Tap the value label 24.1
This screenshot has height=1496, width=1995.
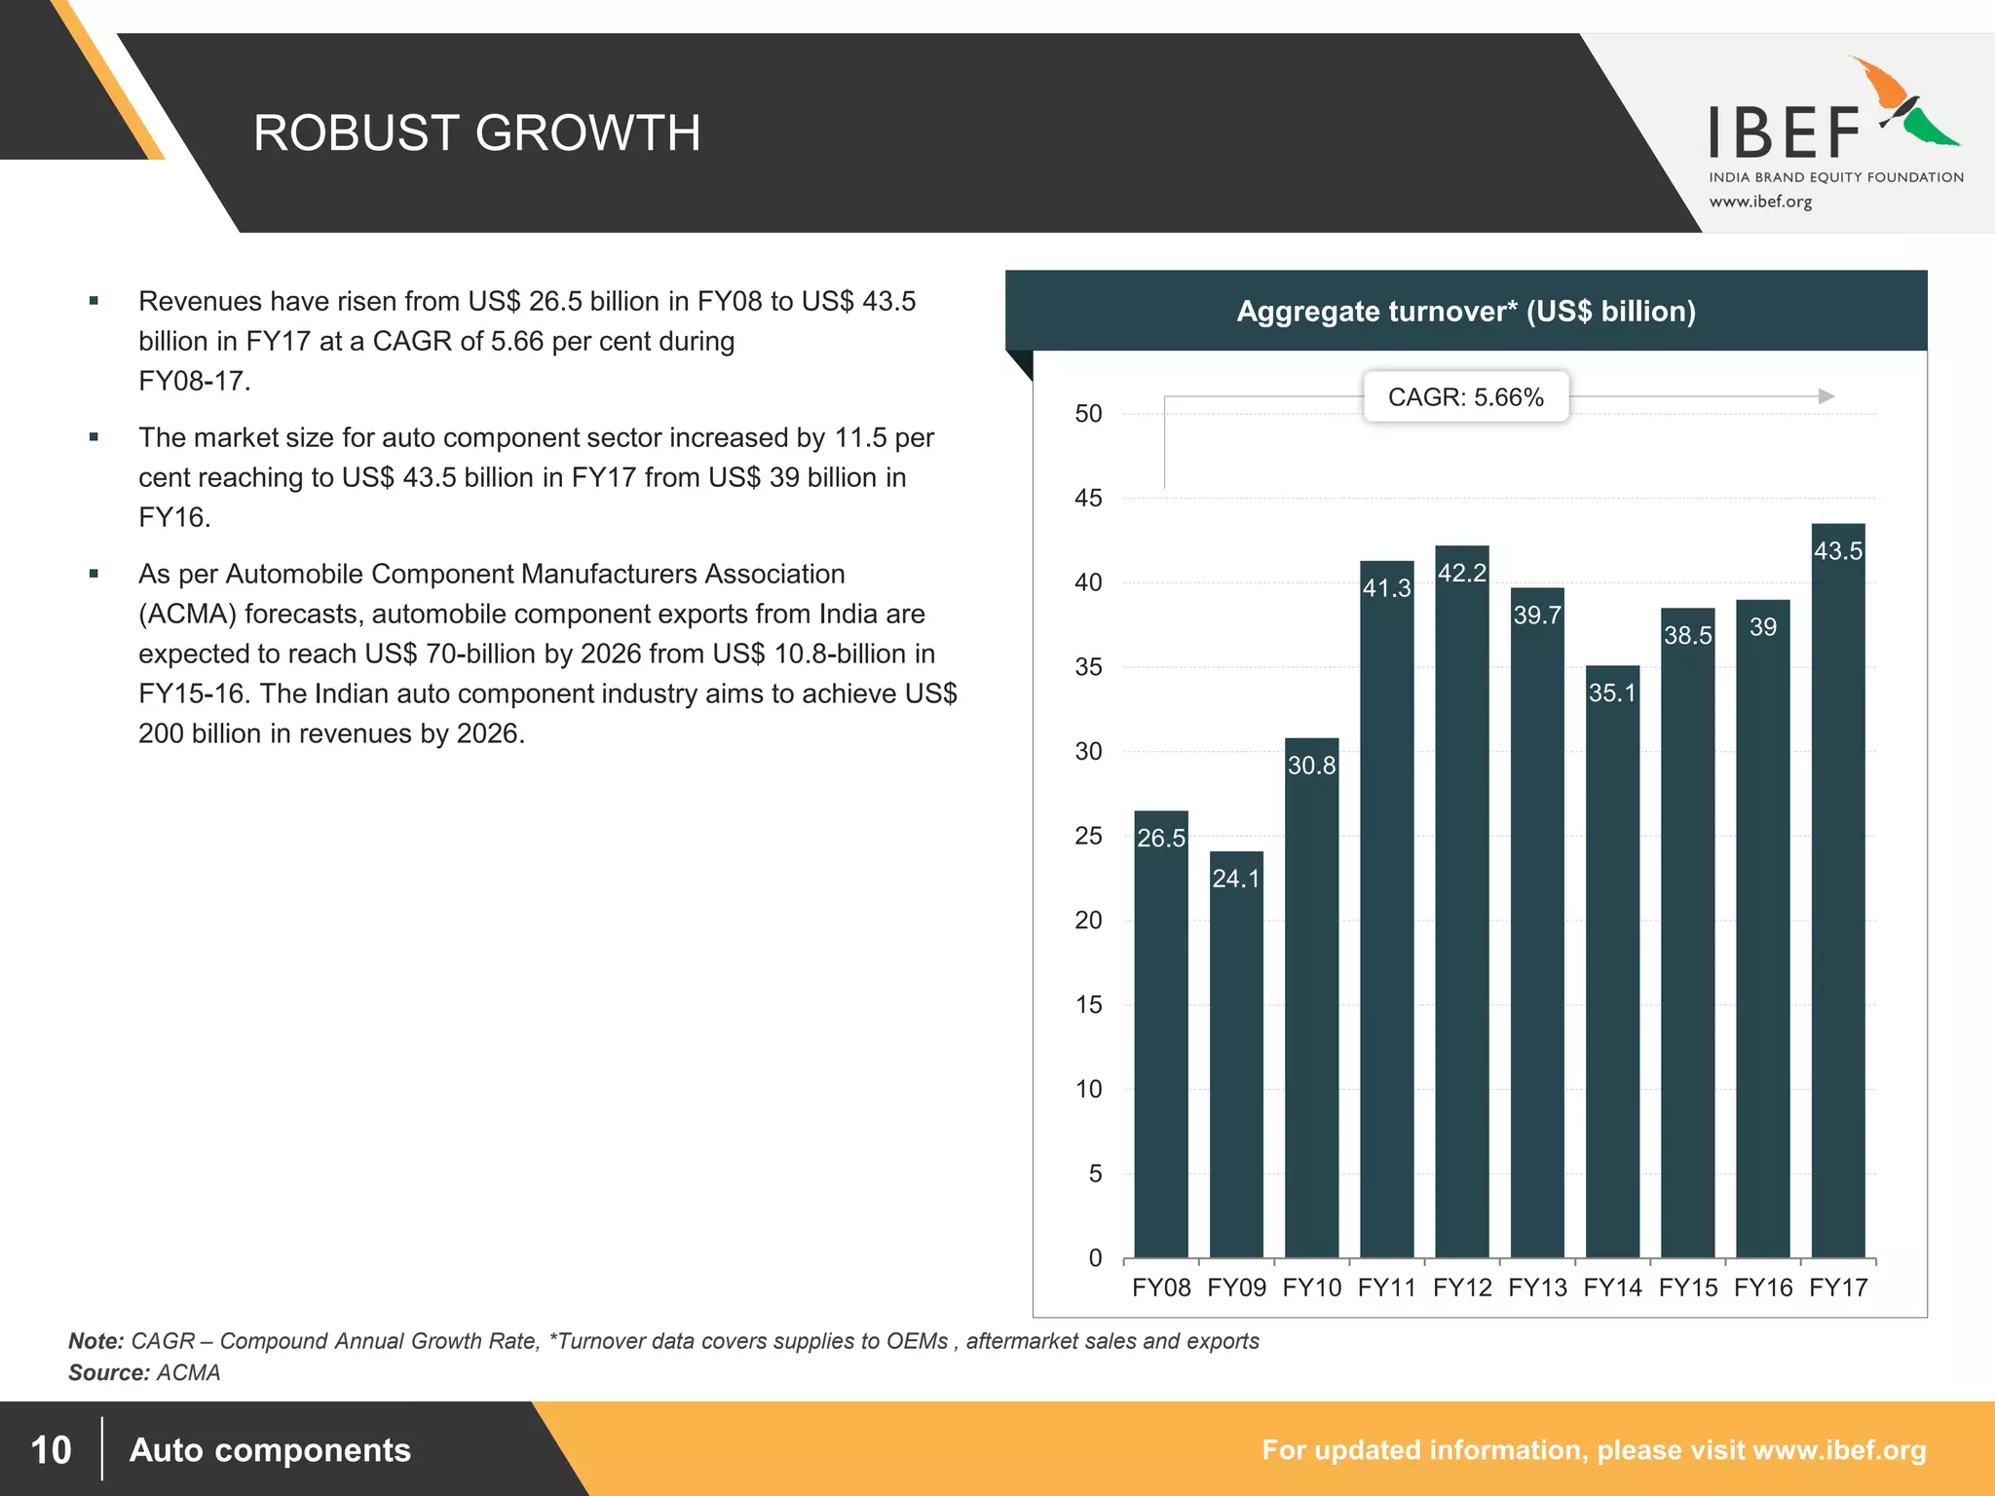[1235, 879]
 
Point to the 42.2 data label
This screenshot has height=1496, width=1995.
[1461, 573]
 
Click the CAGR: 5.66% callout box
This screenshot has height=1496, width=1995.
[1465, 397]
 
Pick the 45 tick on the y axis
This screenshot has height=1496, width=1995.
[1088, 499]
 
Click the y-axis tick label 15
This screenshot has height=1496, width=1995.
[1088, 1005]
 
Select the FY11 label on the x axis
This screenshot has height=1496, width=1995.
[1386, 1288]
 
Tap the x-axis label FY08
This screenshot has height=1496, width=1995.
[1161, 1288]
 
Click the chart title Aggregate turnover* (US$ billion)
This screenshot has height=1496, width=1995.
[1465, 312]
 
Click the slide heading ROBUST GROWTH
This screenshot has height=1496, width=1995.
[476, 133]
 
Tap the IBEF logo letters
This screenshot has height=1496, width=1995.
[1785, 134]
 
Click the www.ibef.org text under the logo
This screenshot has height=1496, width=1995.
[1760, 203]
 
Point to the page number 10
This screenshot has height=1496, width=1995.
[51, 1449]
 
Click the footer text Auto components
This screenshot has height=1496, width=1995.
[270, 1449]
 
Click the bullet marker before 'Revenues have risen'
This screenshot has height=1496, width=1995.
[94, 301]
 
